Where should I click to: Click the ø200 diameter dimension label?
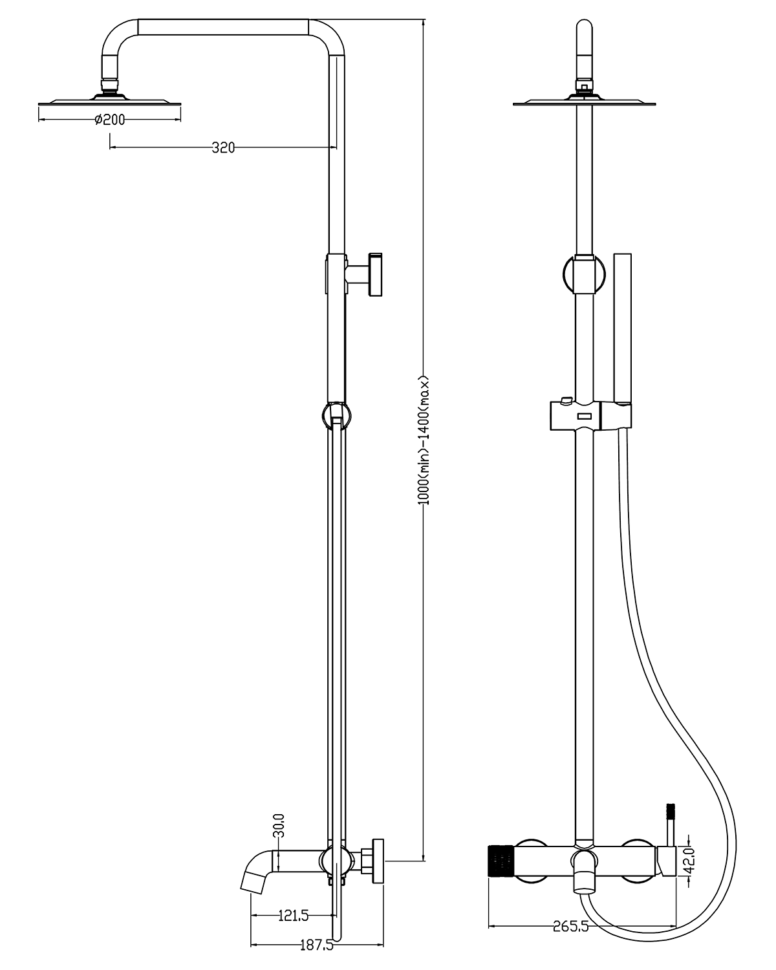point(109,120)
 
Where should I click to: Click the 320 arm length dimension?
point(223,147)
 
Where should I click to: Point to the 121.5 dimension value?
point(293,916)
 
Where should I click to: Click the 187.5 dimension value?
point(317,945)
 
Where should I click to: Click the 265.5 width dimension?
point(570,926)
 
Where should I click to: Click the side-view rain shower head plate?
point(110,102)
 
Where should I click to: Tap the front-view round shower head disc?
point(583,102)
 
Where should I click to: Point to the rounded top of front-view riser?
point(584,29)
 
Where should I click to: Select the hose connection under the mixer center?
point(584,883)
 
